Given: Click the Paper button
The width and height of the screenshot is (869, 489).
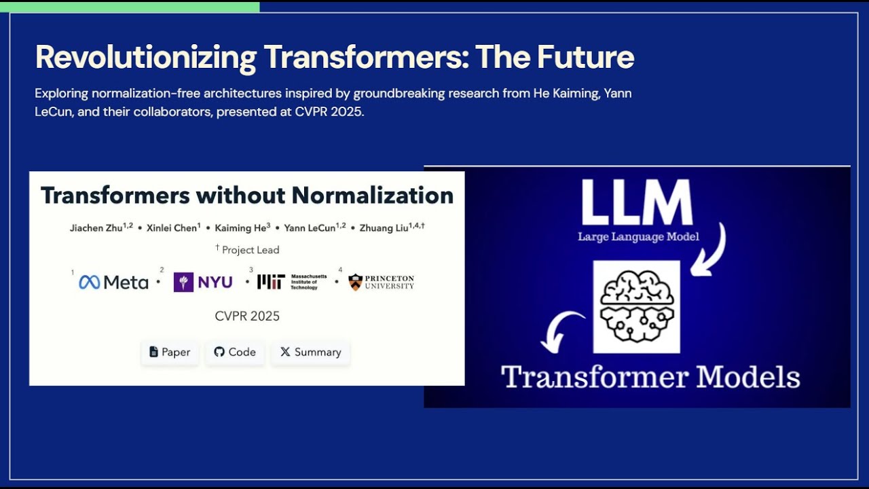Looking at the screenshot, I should pyautogui.click(x=170, y=352).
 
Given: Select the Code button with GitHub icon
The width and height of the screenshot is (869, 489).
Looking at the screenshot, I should pyautogui.click(x=235, y=352).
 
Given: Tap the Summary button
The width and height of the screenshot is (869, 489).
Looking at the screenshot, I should pyautogui.click(x=310, y=352).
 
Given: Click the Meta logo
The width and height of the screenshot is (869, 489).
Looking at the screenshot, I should pyautogui.click(x=113, y=283).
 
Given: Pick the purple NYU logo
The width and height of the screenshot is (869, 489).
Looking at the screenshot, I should pyautogui.click(x=203, y=282).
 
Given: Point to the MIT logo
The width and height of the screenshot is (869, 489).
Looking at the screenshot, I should pyautogui.click(x=271, y=282).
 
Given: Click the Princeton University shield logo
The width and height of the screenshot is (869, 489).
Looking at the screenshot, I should pyautogui.click(x=356, y=282).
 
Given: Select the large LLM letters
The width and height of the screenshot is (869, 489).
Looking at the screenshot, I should pyautogui.click(x=637, y=202).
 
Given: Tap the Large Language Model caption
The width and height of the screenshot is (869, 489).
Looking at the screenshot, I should pyautogui.click(x=638, y=237).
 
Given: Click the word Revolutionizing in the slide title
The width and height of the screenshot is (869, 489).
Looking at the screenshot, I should pyautogui.click(x=145, y=57).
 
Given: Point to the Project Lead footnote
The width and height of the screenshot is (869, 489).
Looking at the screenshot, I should pyautogui.click(x=248, y=249).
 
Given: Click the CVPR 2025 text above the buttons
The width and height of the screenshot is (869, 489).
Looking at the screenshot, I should pyautogui.click(x=247, y=316).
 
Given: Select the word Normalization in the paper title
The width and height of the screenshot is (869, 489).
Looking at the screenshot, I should pyautogui.click(x=373, y=196).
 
